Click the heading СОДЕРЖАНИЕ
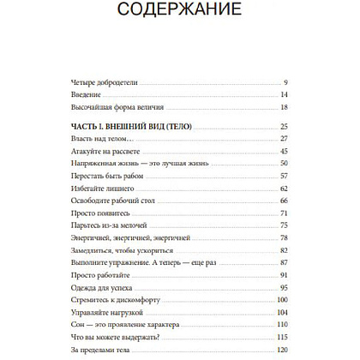point(180,11)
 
